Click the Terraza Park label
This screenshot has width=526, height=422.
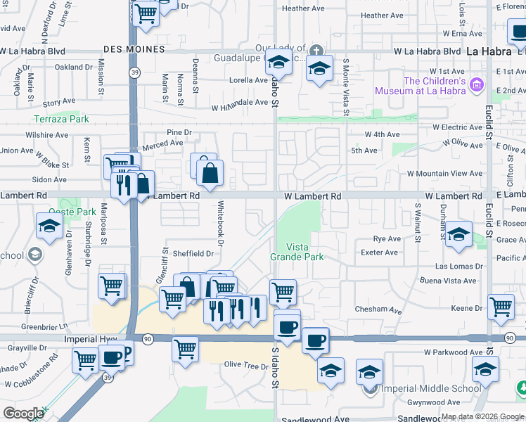pos(62,119)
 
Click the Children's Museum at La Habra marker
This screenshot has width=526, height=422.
pos(477,85)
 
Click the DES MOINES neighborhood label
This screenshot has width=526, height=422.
pos(133,49)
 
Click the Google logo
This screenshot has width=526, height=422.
pos(23,414)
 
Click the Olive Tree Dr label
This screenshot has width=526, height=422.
pos(243,364)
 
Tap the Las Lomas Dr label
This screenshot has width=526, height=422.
pos(459,267)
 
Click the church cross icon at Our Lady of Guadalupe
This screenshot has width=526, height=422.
pos(316,50)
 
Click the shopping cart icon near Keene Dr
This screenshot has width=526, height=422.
pos(500,306)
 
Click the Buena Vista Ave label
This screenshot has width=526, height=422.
pos(449,281)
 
